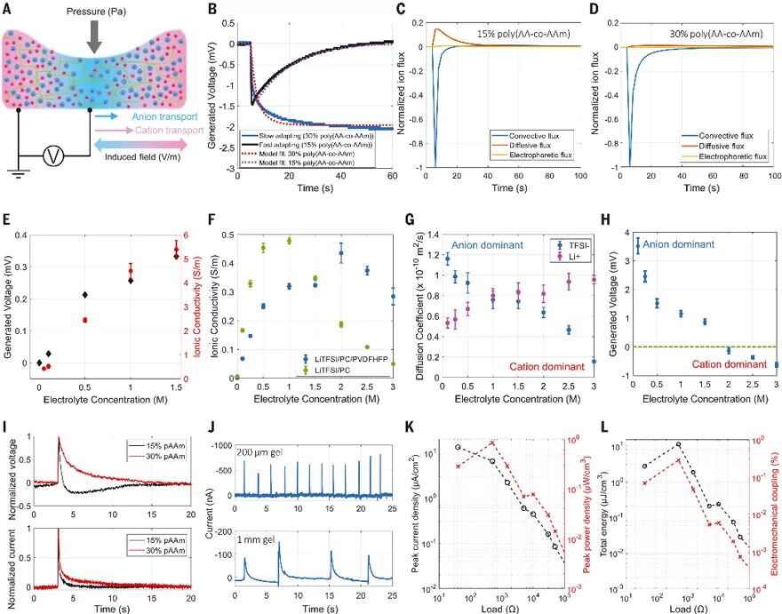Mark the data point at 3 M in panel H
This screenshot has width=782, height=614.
(776, 363)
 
